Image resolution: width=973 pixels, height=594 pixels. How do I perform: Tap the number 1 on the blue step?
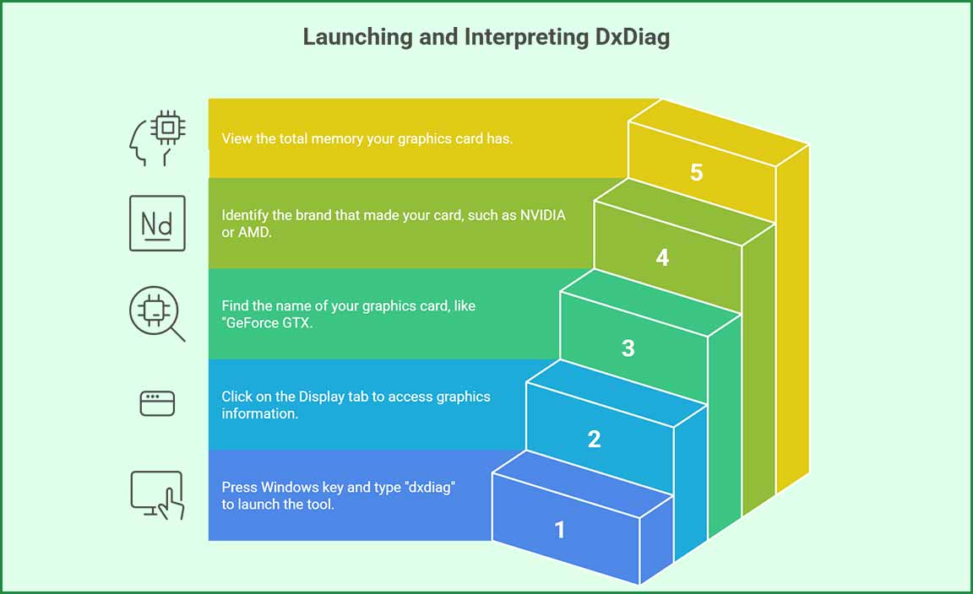(559, 530)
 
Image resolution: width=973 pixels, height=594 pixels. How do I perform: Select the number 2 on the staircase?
(594, 439)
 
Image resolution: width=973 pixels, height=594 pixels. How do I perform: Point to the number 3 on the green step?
(628, 348)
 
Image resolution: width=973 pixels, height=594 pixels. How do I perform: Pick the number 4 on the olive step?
(662, 257)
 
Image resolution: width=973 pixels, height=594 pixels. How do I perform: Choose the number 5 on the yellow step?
(696, 172)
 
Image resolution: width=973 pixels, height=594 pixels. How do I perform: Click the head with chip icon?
(157, 139)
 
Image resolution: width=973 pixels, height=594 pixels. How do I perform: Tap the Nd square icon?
(157, 224)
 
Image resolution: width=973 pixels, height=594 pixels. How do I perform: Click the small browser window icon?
(157, 403)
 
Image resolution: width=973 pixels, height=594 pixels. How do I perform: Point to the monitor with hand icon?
(157, 494)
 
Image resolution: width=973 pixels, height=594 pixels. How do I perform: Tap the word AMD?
(255, 232)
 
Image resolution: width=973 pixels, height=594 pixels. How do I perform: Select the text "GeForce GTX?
(268, 322)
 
